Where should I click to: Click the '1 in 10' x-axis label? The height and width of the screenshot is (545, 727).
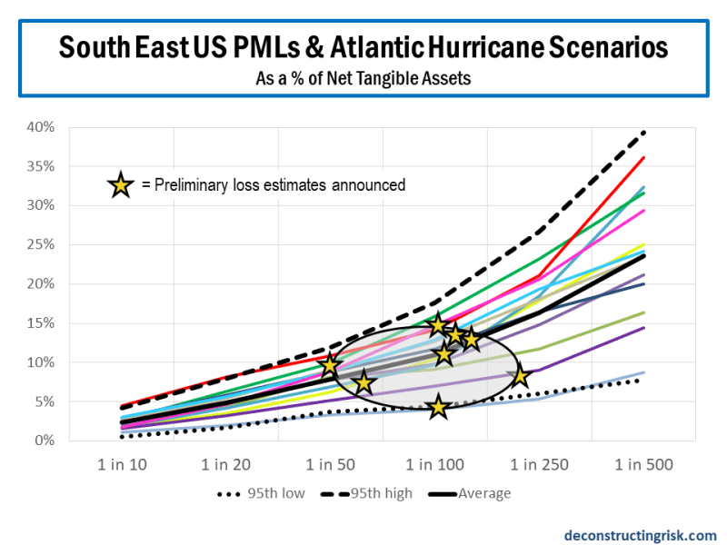pyautogui.click(x=122, y=465)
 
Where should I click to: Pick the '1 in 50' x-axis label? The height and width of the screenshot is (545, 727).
pyautogui.click(x=331, y=465)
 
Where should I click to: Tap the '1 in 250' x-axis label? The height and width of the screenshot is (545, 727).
pyautogui.click(x=540, y=465)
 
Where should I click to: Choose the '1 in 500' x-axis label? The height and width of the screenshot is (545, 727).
pyautogui.click(x=644, y=465)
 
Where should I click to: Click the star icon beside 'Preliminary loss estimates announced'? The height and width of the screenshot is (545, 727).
pyautogui.click(x=119, y=185)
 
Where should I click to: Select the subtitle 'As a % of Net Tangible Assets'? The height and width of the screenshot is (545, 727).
pyautogui.click(x=363, y=78)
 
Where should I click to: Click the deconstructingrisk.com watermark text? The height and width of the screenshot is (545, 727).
pyautogui.click(x=639, y=535)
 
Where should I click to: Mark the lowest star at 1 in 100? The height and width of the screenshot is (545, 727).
pyautogui.click(x=439, y=407)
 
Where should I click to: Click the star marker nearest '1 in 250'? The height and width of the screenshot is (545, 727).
pyautogui.click(x=520, y=376)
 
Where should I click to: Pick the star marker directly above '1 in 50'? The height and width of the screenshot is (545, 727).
pyautogui.click(x=330, y=365)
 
